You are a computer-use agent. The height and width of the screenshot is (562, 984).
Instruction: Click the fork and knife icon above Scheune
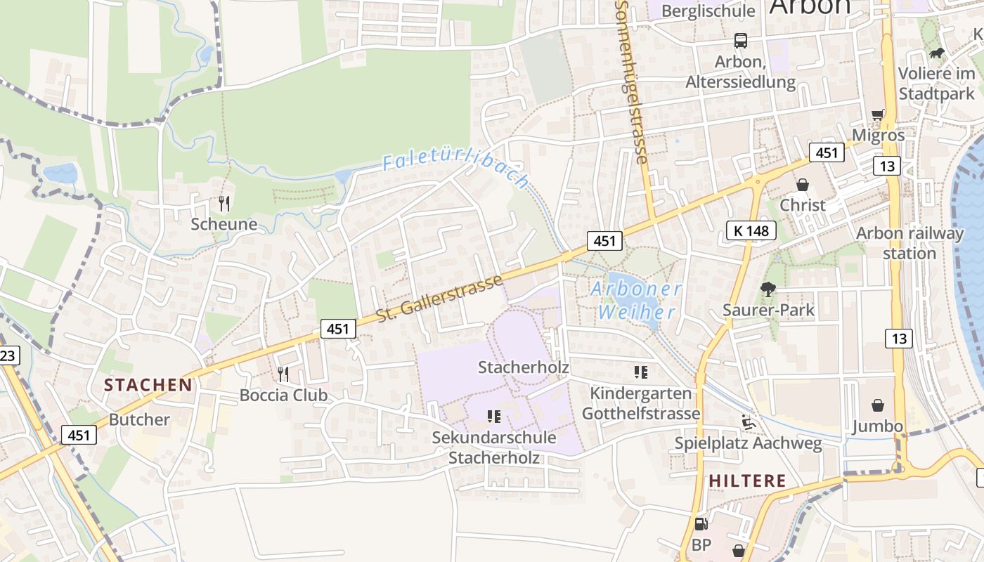point(224,204)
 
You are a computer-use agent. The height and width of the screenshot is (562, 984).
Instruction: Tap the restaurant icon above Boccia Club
point(283,374)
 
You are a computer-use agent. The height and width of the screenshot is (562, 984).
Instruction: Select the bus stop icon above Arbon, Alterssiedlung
point(741,41)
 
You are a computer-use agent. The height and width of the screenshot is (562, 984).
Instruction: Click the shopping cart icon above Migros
point(878,115)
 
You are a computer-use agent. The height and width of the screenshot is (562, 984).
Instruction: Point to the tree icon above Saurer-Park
point(768,289)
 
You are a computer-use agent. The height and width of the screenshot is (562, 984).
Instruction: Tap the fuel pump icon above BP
point(701,523)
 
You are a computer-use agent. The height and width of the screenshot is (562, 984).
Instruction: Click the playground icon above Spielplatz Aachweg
point(748,423)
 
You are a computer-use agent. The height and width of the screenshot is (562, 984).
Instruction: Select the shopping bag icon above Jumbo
point(878,405)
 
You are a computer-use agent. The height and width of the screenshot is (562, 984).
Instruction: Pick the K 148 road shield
point(751,230)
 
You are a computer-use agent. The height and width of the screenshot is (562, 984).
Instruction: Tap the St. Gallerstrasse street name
point(439,299)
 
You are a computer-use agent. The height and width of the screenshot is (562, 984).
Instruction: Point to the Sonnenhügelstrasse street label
point(630,81)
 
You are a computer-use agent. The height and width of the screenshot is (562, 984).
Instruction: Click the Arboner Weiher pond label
point(635,301)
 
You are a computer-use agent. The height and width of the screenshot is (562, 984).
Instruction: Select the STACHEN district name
point(148,385)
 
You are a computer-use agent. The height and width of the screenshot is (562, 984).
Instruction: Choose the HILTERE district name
point(747,481)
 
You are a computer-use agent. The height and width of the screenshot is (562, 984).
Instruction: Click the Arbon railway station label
point(909,243)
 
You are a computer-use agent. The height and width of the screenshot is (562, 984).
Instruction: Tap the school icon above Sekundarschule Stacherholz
point(494,417)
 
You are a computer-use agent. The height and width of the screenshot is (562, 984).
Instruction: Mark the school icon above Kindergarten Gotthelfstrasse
point(641,372)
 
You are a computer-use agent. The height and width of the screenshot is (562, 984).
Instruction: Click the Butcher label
point(139,420)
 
